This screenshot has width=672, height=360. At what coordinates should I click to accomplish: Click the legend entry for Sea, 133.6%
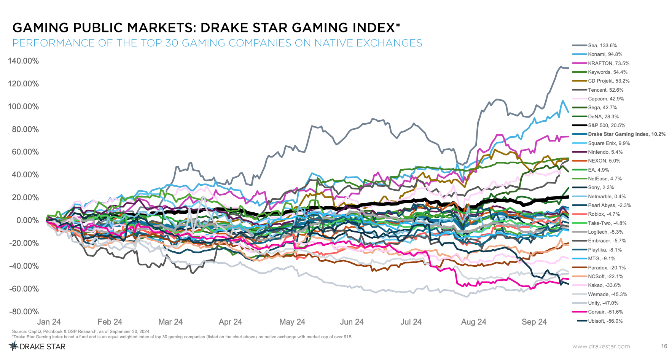coord(602,45)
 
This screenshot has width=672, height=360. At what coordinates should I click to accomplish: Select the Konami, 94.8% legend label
coord(605,54)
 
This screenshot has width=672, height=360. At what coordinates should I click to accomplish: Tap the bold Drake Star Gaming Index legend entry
coord(626,134)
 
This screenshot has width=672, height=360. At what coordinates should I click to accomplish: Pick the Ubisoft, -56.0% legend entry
coord(605,321)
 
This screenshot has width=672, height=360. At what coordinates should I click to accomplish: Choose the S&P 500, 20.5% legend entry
coord(606,125)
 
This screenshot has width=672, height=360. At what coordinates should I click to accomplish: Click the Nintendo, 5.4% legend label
coord(605,152)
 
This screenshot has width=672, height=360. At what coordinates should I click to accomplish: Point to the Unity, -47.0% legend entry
coord(603,303)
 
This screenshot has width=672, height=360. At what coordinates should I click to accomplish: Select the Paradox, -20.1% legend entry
coord(607,268)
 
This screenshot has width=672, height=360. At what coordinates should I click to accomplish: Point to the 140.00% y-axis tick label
coord(24,61)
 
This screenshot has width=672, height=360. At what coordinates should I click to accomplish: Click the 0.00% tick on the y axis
coord(27,220)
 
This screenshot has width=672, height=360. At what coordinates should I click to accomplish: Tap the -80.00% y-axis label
coord(24,312)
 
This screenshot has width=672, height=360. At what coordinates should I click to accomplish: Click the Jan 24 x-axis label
coord(49,322)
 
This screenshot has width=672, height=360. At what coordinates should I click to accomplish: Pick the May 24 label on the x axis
coord(292,322)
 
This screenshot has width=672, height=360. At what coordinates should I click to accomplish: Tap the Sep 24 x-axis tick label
coord(534,322)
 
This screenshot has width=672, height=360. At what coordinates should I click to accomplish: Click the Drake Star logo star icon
coord(14,346)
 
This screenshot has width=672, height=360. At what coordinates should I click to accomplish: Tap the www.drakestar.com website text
coord(601,346)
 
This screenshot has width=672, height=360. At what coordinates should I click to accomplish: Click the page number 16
coord(664,346)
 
